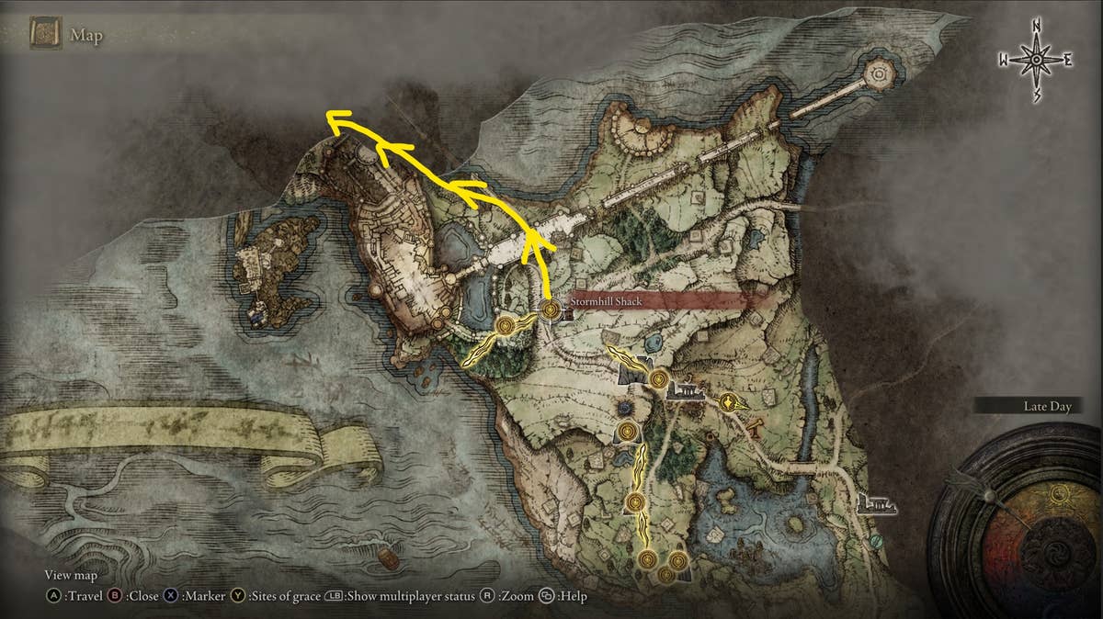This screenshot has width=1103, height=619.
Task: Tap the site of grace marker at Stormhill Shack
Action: pyautogui.click(x=551, y=309)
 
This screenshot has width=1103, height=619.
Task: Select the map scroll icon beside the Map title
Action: pyautogui.click(x=45, y=36)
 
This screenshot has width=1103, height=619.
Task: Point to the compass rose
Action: pyautogui.click(x=1036, y=60)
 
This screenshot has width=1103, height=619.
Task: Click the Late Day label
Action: pyautogui.click(x=1048, y=406)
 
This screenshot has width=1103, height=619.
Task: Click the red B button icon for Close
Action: pyautogui.click(x=116, y=596)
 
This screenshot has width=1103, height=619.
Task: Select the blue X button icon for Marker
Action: pyautogui.click(x=172, y=596)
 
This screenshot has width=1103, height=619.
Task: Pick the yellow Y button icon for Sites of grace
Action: pyautogui.click(x=237, y=596)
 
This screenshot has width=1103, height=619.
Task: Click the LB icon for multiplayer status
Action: pyautogui.click(x=334, y=596)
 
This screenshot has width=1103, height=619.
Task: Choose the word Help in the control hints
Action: pyautogui.click(x=572, y=596)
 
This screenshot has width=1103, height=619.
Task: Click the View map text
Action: pyautogui.click(x=71, y=576)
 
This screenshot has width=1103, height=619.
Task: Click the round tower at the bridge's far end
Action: pyautogui.click(x=880, y=72)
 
